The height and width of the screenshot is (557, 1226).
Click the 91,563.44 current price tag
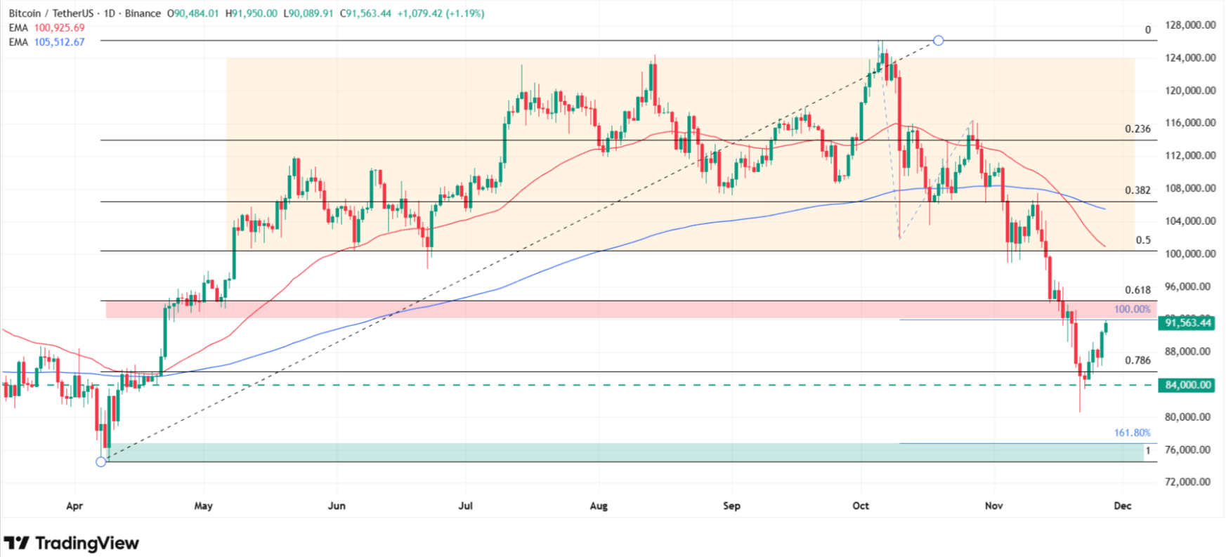[1187, 323]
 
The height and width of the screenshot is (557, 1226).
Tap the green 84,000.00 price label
[1187, 385]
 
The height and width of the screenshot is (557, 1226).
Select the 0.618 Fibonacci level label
[1137, 290]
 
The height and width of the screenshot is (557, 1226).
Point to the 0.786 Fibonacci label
[1137, 360]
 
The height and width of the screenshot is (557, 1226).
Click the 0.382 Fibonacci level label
[1137, 190]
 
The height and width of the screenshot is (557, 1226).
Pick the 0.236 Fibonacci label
[1137, 129]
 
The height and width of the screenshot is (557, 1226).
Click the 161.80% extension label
[1132, 433]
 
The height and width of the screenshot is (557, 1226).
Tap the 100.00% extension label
[1132, 309]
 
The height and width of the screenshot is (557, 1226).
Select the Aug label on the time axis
[599, 506]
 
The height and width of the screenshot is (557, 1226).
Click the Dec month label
[1122, 506]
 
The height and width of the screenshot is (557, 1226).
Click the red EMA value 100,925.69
[59, 28]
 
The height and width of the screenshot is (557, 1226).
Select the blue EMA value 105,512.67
[59, 42]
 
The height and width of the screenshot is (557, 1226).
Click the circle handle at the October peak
[938, 41]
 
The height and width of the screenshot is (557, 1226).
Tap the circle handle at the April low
[101, 461]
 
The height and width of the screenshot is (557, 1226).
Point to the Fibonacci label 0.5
[1143, 240]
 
